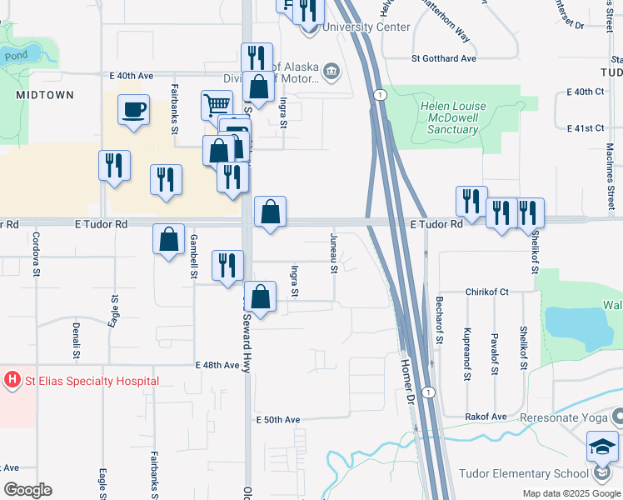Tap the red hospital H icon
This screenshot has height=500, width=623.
[x=12, y=382]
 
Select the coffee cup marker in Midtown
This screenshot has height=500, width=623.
[x=133, y=110]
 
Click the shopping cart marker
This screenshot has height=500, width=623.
[x=217, y=105]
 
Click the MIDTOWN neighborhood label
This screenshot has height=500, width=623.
[x=45, y=95]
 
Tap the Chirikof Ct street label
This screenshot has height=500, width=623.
[x=487, y=292]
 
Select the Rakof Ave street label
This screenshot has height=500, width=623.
[x=487, y=416]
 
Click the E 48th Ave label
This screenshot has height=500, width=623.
[x=218, y=365]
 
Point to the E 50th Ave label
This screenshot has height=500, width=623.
[x=277, y=419]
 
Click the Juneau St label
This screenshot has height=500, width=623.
[x=334, y=253]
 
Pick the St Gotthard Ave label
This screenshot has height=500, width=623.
[x=444, y=59]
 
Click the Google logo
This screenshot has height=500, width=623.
[x=27, y=490]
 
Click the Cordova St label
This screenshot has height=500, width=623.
[x=37, y=252]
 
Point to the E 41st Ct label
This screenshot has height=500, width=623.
[x=584, y=128]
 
